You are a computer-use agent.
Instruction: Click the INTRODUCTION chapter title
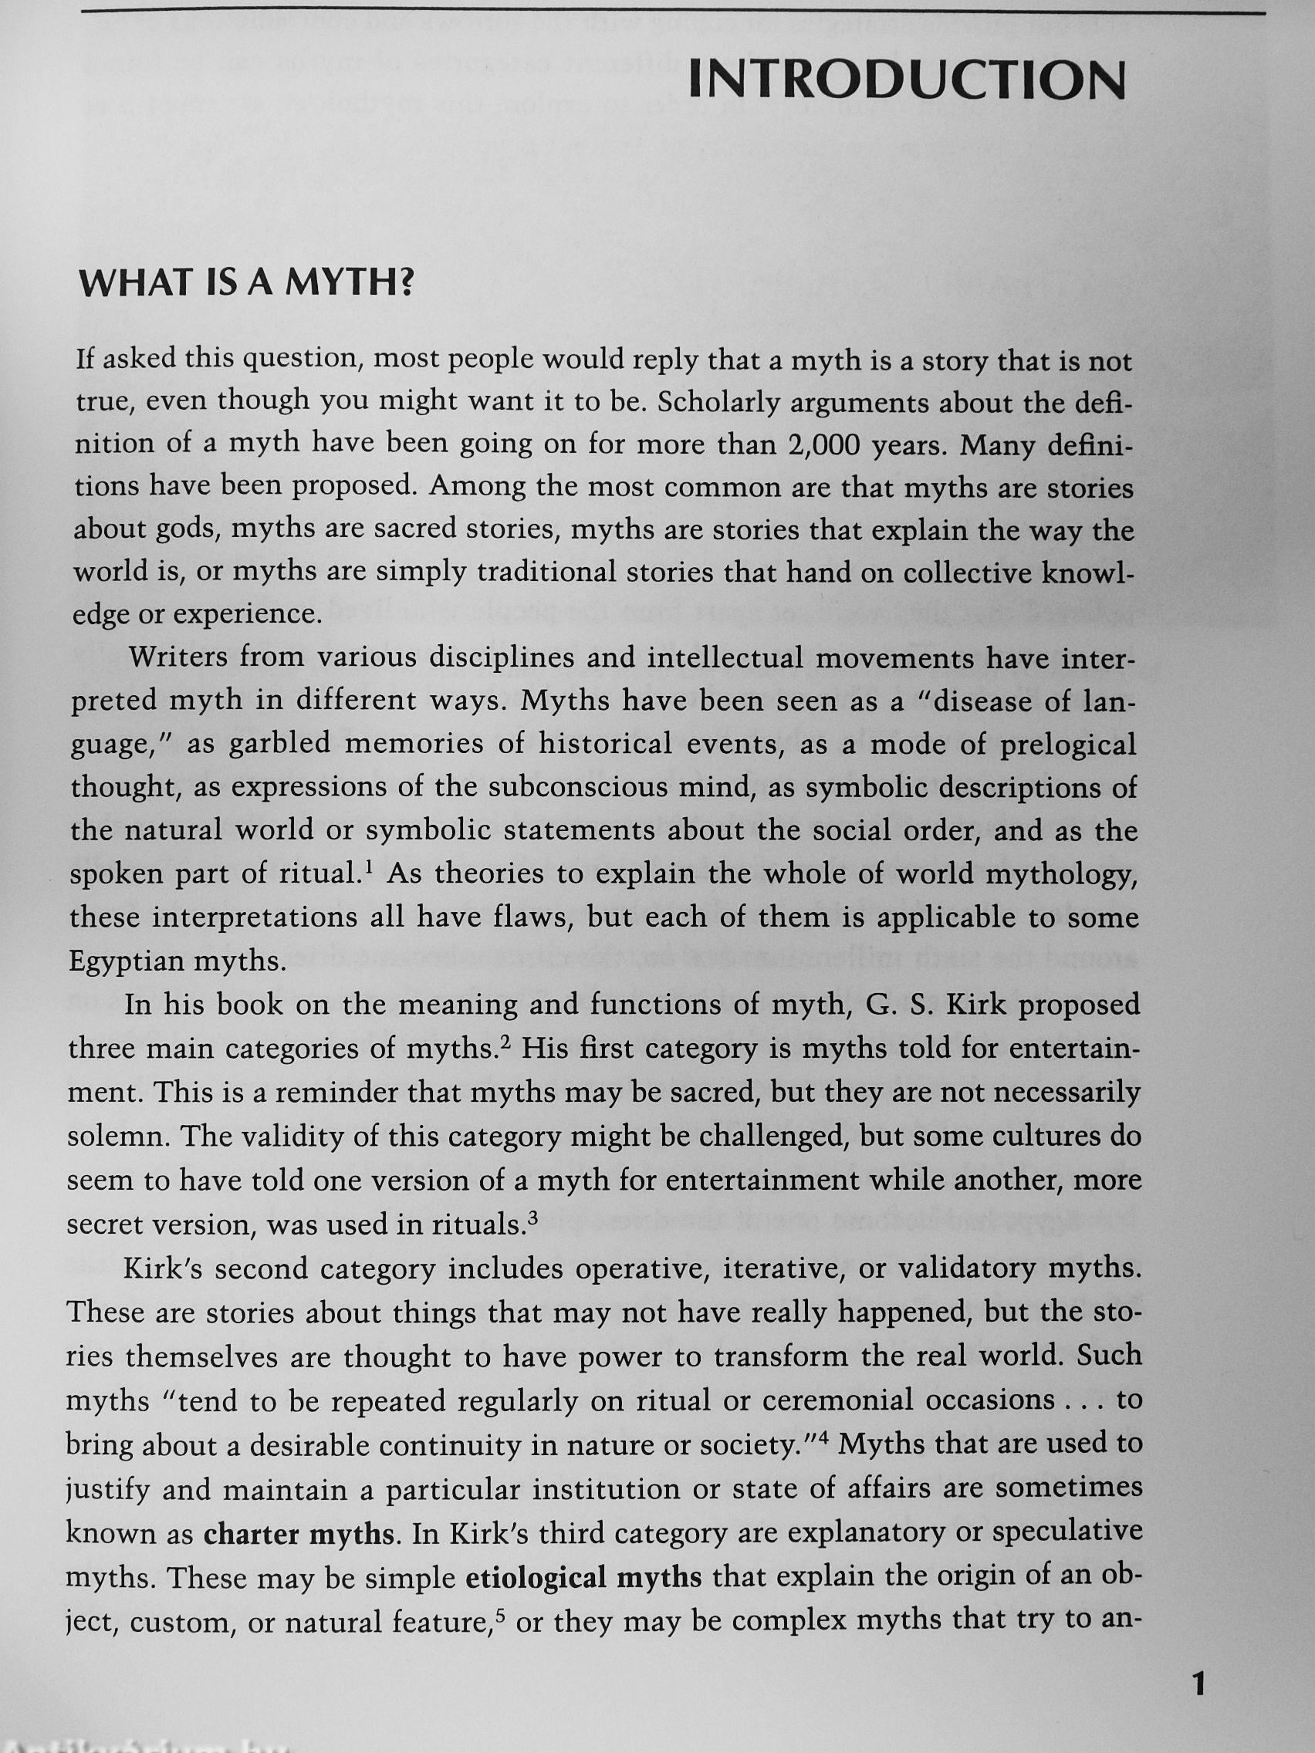[x=907, y=81]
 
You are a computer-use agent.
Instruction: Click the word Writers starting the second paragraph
[x=178, y=658]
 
